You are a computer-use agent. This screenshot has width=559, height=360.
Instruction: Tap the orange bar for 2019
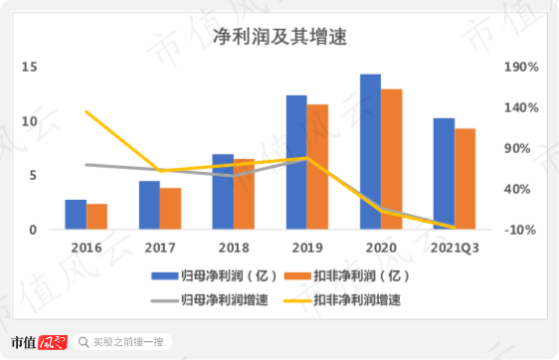pyautogui.click(x=317, y=167)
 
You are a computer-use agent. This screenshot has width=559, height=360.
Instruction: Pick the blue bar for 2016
pyautogui.click(x=76, y=215)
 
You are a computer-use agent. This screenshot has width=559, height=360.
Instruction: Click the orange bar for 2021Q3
pyautogui.click(x=465, y=179)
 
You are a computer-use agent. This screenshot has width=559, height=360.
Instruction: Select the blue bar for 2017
pyautogui.click(x=149, y=205)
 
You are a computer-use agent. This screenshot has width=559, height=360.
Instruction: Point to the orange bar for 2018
pyautogui.click(x=244, y=194)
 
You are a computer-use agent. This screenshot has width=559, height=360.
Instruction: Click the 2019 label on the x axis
pyautogui.click(x=307, y=247)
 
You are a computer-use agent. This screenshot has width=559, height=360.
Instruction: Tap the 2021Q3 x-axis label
pyautogui.click(x=455, y=247)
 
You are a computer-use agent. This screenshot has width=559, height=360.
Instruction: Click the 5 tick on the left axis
pyautogui.click(x=32, y=176)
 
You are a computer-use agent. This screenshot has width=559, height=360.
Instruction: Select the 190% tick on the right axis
pyautogui.click(x=521, y=68)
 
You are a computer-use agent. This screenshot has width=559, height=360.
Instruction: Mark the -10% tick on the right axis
pyautogui.click(x=521, y=230)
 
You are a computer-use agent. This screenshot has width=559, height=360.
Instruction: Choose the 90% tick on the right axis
pyautogui.click(x=521, y=149)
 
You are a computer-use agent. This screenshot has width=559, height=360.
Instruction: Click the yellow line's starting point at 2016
pyautogui.click(x=86, y=111)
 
